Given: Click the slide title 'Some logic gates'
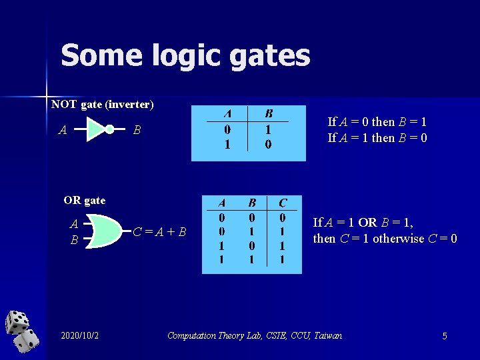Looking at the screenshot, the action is (x=185, y=55).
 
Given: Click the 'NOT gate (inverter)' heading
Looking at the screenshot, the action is (x=103, y=104).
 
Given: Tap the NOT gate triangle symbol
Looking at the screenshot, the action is (x=97, y=129).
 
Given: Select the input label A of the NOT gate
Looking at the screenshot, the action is (x=62, y=130).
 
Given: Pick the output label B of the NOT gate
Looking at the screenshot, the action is (x=136, y=130).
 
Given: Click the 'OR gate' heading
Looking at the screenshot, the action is (x=85, y=200).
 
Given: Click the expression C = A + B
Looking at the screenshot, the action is (x=159, y=232).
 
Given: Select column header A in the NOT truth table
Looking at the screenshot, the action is (x=227, y=113).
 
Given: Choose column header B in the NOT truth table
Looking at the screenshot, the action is (x=269, y=113).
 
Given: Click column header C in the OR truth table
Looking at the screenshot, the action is (x=283, y=203).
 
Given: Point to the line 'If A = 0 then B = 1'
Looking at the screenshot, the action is (x=377, y=122).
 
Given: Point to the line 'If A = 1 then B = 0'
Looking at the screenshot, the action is (x=377, y=138).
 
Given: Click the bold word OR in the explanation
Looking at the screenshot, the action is (x=367, y=222).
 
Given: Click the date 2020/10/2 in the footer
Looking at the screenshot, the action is (x=79, y=335).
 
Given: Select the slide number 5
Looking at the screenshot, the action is (x=445, y=336).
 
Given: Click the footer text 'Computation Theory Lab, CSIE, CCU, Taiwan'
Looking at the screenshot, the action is (x=255, y=335).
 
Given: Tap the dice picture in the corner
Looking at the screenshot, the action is (x=21, y=331).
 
